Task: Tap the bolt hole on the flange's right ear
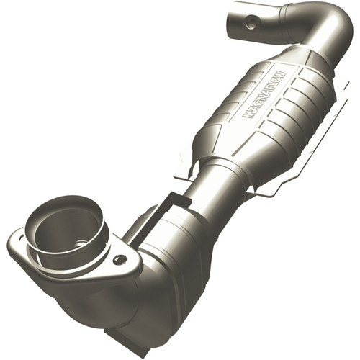119,260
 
